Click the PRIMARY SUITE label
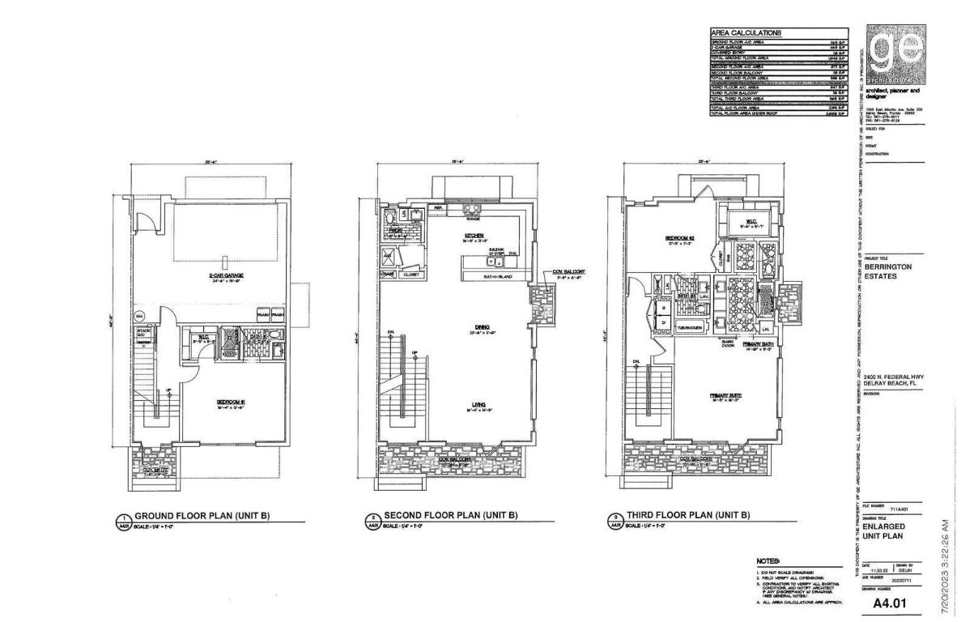725,395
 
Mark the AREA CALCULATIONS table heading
746,33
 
